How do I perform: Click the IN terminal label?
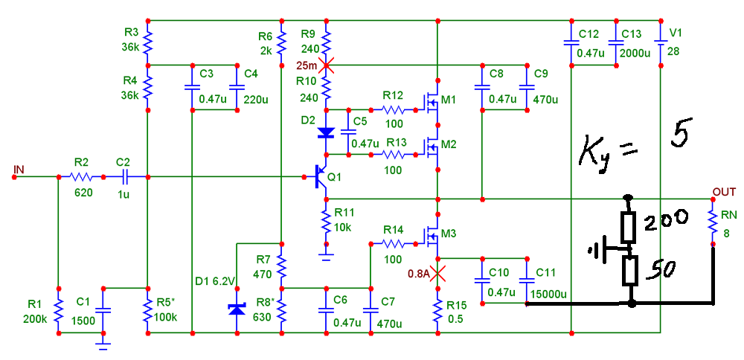click(19, 170)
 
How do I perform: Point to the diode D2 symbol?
click(326, 133)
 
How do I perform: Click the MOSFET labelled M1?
click(432, 103)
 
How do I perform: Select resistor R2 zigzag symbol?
click(80, 177)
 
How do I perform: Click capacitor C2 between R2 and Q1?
click(124, 177)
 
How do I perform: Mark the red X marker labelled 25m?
click(326, 65)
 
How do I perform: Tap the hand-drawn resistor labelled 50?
click(630, 271)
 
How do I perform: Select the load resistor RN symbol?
click(713, 220)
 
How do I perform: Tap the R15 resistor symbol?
click(437, 309)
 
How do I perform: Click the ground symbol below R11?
click(326, 254)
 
